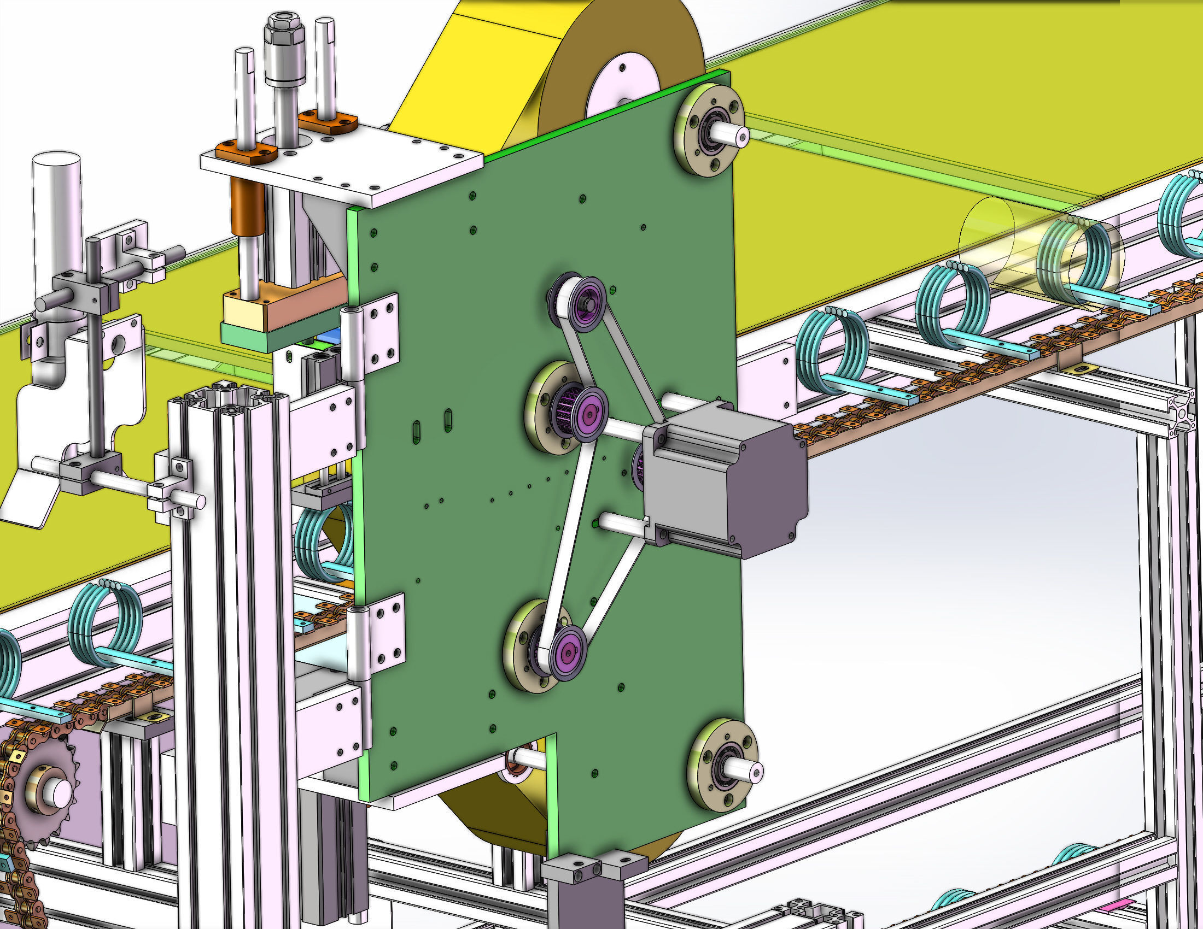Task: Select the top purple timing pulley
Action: (587, 304)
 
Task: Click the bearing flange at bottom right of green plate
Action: (723, 765)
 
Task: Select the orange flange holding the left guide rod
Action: (246, 151)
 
